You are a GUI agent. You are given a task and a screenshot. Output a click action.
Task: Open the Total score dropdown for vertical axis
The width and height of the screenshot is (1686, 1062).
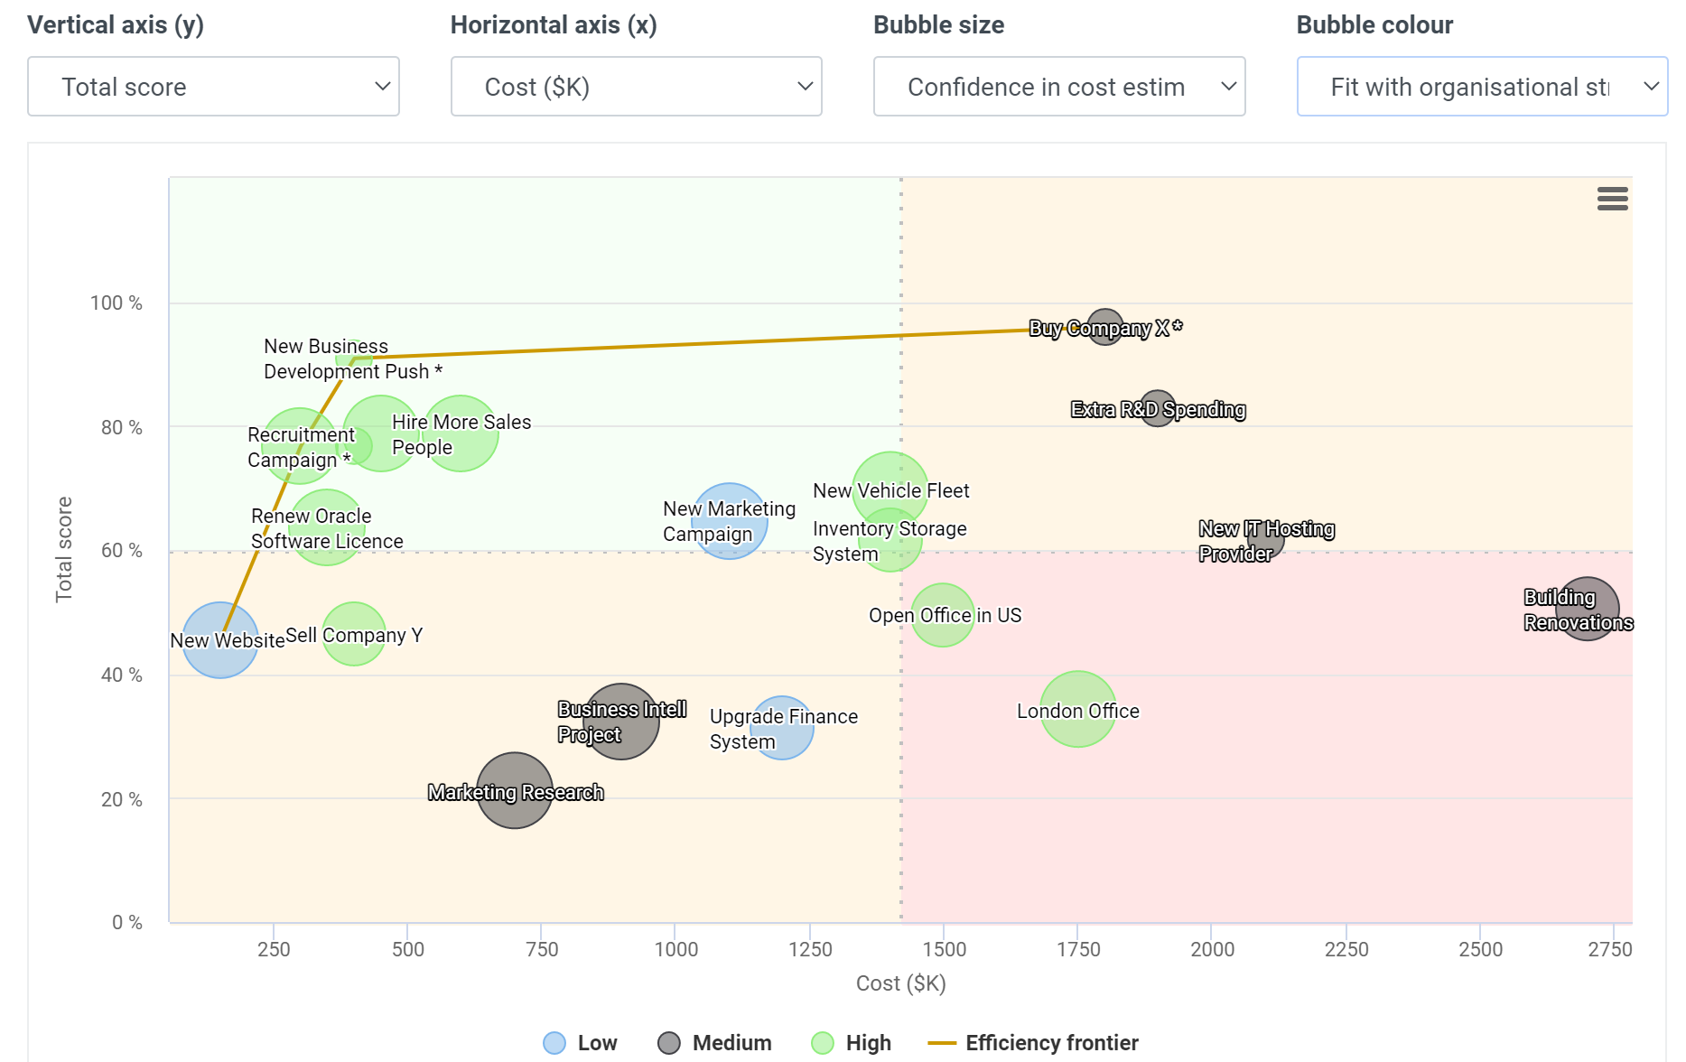click(x=213, y=87)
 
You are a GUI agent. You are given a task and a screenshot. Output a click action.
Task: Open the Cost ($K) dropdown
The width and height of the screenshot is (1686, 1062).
click(x=636, y=87)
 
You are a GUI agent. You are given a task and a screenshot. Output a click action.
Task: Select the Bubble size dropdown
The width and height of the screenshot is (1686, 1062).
click(x=1058, y=87)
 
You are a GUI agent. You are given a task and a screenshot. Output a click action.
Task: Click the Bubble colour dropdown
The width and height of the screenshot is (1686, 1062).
click(x=1481, y=87)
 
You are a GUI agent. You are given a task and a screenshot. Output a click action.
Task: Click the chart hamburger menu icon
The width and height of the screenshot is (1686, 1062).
click(x=1612, y=199)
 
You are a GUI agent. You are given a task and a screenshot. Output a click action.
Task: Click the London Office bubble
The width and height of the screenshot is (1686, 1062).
click(x=1077, y=710)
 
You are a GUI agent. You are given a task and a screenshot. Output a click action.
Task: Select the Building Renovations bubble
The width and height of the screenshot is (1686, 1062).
click(x=1587, y=610)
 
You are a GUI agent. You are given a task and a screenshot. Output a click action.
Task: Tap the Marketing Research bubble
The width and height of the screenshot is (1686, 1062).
click(x=514, y=791)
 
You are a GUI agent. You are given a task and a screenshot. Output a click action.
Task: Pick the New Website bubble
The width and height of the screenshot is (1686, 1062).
click(x=220, y=640)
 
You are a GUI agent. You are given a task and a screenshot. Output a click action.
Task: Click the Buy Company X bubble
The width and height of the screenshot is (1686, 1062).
click(x=1104, y=328)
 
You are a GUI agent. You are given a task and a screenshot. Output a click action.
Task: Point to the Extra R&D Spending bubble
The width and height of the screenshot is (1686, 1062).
click(x=1157, y=409)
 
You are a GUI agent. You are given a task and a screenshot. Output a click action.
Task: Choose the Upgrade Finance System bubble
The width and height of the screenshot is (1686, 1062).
click(x=782, y=728)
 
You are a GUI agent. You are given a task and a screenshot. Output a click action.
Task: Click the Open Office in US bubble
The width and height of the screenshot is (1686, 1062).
click(x=942, y=615)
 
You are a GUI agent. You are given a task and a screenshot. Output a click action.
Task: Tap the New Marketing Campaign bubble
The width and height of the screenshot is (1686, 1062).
click(x=729, y=521)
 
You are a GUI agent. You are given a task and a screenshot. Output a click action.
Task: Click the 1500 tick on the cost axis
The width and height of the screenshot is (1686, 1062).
click(x=944, y=949)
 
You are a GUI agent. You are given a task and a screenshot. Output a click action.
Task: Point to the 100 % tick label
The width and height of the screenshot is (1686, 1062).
click(x=116, y=303)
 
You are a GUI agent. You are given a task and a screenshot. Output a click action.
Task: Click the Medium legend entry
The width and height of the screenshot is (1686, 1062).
click(x=714, y=1043)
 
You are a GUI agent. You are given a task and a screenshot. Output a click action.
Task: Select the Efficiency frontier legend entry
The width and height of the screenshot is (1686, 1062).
click(x=1033, y=1043)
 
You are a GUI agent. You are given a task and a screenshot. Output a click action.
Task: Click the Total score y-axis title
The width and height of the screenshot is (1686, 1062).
click(x=64, y=549)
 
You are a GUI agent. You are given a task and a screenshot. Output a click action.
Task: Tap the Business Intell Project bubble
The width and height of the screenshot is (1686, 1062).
click(x=621, y=722)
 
